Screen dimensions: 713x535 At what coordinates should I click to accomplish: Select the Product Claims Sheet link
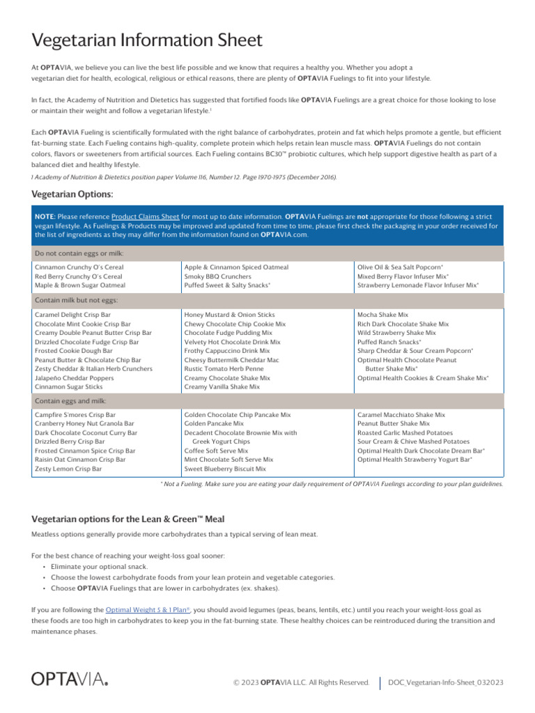pyautogui.click(x=145, y=217)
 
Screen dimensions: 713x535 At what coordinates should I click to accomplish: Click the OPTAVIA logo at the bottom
pyautogui.click(x=70, y=679)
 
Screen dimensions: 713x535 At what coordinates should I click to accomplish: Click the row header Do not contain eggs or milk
pyautogui.click(x=79, y=253)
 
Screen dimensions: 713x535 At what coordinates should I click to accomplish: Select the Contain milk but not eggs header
pyautogui.click(x=77, y=300)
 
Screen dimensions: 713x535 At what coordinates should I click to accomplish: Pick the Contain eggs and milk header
pyautogui.click(x=69, y=401)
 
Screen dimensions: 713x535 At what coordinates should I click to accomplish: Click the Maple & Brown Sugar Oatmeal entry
pyautogui.click(x=80, y=285)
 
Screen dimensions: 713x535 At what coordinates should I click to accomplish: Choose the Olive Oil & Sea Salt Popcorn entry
pyautogui.click(x=400, y=267)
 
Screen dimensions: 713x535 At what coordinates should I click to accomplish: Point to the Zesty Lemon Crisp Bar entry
pyautogui.click(x=68, y=469)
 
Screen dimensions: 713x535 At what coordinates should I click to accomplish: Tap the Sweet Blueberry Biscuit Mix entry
pyautogui.click(x=225, y=469)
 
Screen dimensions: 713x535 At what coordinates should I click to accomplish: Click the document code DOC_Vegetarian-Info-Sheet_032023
pyautogui.click(x=446, y=682)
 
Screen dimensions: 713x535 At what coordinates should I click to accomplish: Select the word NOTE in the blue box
pyautogui.click(x=45, y=217)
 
